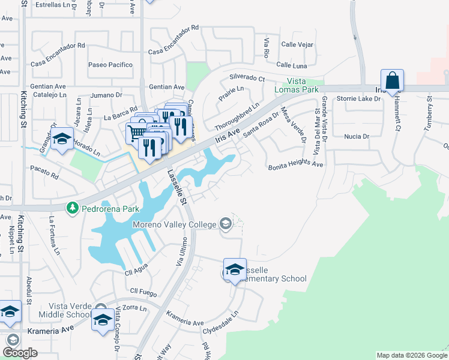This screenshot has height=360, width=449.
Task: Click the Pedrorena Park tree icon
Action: click(x=73, y=208)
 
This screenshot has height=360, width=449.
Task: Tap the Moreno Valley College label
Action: click(x=174, y=224)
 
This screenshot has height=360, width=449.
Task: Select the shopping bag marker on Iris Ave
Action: click(x=392, y=81)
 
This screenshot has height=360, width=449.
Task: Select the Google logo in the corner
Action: click(x=20, y=353)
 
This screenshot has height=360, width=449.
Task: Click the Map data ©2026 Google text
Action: click(x=411, y=355)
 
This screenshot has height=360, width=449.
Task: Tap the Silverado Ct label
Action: click(x=247, y=78)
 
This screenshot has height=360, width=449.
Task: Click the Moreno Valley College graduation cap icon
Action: click(x=226, y=224)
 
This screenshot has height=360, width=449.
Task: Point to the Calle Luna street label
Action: click(x=292, y=65)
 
